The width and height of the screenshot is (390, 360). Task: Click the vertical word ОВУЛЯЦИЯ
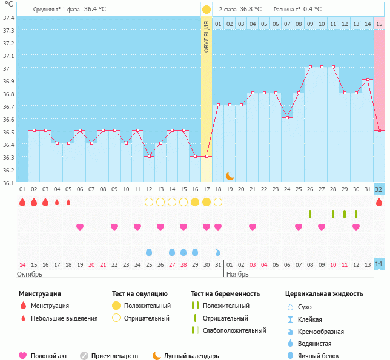coord(207,37)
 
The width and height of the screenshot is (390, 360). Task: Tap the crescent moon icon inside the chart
coord(230,175)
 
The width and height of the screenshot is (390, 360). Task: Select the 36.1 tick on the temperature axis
coord(8,183)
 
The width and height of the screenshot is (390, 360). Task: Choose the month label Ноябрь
coord(238,274)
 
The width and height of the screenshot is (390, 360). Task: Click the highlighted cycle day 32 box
coord(379,189)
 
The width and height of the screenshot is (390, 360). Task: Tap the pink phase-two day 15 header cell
coord(379,24)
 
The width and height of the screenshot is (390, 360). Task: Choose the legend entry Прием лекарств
coord(114,356)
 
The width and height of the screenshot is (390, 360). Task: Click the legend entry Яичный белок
coord(323,356)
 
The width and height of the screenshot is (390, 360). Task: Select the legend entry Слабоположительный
coord(234,330)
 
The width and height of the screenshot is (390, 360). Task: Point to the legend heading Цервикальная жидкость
coord(324,293)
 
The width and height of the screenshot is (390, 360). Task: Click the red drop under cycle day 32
coord(379,203)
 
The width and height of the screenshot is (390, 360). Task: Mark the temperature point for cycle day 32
coord(379,130)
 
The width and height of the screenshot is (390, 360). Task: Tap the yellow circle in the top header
coord(207,10)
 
